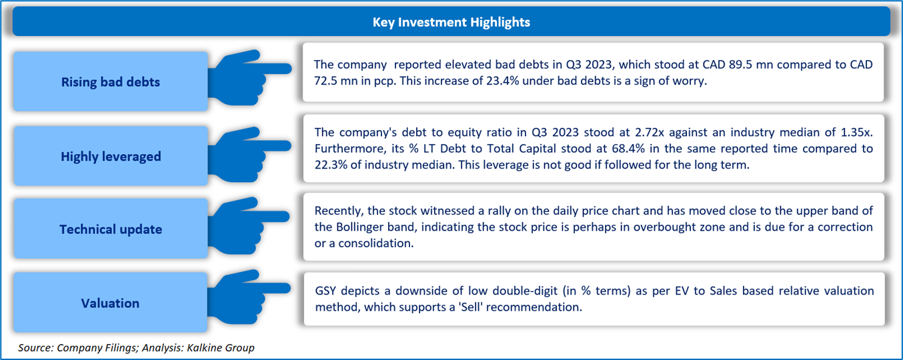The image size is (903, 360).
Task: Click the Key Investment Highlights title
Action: (x=451, y=22)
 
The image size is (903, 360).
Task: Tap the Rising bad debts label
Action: (x=110, y=82)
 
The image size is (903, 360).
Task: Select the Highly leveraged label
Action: (x=111, y=157)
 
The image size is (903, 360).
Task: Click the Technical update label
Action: (x=111, y=229)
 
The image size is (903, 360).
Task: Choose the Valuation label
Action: (x=110, y=303)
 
